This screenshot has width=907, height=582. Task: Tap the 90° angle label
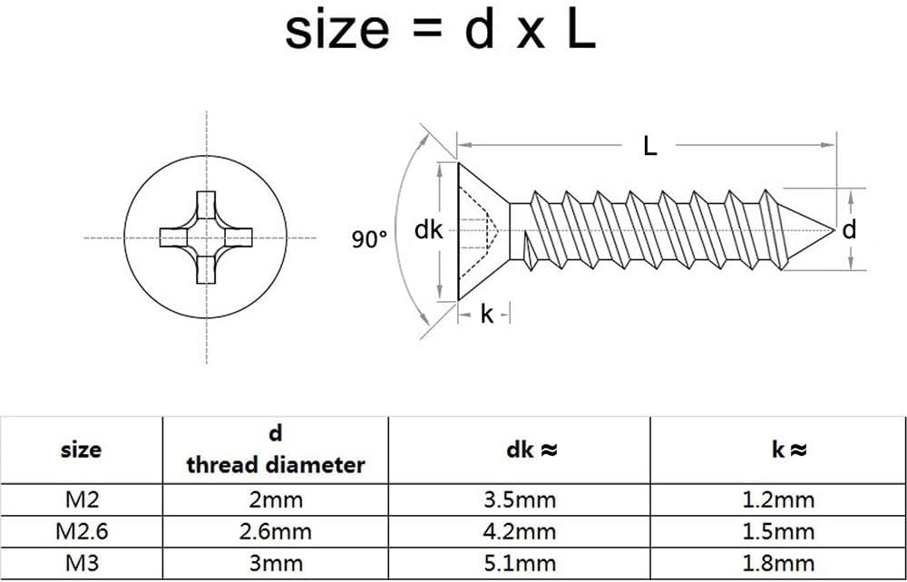pos(369,239)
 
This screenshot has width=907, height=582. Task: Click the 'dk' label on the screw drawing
pos(428,230)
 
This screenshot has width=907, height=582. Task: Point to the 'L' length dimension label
pos(649,146)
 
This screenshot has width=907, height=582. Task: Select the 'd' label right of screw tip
pos(849,230)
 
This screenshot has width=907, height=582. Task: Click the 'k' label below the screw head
pos(487,315)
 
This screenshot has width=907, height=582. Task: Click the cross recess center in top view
pos(207,238)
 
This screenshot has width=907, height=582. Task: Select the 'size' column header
pos(81,449)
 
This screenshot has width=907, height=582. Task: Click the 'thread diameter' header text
pos(276,465)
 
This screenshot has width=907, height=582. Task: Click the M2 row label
pos(81,500)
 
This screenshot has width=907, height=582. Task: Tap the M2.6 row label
pos(81,531)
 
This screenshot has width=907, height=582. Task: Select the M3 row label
pos(81,563)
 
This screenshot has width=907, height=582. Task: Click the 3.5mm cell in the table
pos(519,500)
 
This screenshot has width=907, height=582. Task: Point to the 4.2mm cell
pos(519,531)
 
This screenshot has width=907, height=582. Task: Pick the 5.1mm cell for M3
pos(519,563)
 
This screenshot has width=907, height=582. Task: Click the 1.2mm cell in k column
pos(779,500)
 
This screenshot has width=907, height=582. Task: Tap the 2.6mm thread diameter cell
pos(276,531)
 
